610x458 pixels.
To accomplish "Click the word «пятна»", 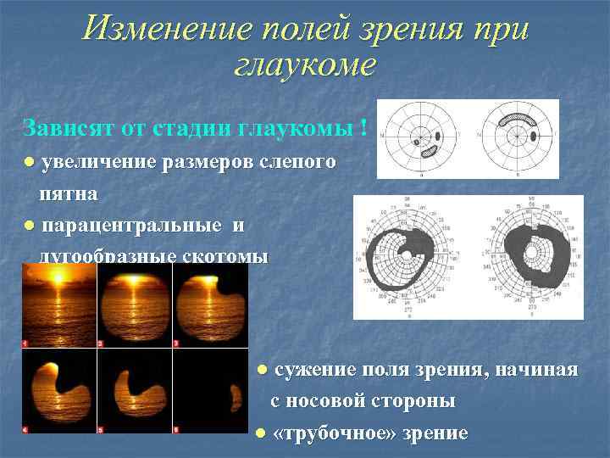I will (x=69, y=193).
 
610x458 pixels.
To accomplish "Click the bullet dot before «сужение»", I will (x=263, y=370).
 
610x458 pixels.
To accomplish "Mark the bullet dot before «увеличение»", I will (x=30, y=161).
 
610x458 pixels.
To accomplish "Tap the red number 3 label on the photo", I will (x=176, y=343).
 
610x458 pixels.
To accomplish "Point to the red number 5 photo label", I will (x=102, y=429).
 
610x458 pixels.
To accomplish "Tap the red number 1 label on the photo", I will (x=26, y=343).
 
